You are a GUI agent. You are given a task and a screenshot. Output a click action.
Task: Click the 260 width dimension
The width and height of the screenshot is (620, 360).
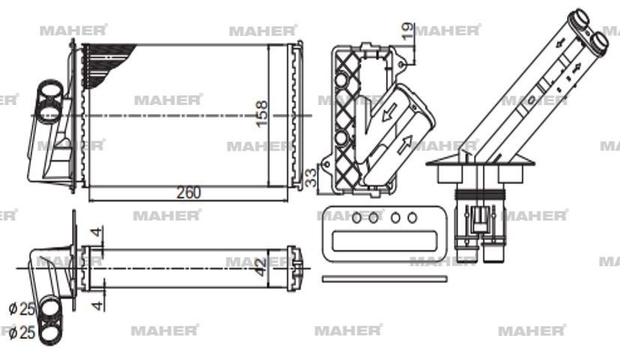pos(188,193)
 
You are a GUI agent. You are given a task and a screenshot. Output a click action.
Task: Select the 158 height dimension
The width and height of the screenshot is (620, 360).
pos(262,114)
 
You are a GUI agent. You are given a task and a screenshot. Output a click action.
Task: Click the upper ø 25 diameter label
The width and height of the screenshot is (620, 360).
pos(22,307)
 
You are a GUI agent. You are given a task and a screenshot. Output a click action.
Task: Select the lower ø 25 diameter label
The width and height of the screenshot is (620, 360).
pos(22,332)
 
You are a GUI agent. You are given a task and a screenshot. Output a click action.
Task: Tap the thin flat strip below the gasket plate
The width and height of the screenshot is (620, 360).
pos(385,279)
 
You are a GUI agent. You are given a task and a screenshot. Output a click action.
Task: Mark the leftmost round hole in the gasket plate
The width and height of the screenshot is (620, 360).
pos(355,218)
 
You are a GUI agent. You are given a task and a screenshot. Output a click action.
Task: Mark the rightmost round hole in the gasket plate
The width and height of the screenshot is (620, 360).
pos(412,218)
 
